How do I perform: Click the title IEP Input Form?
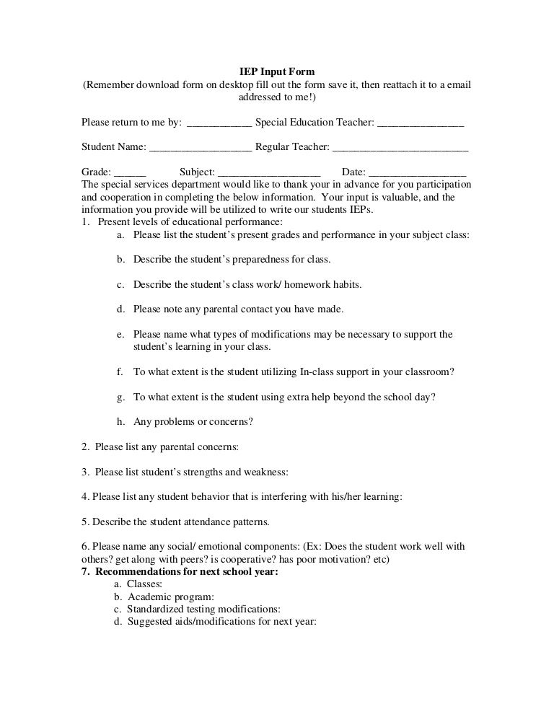coord(277,71)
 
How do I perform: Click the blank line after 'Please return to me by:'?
coord(219,123)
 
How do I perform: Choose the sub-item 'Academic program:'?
coord(171,597)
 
